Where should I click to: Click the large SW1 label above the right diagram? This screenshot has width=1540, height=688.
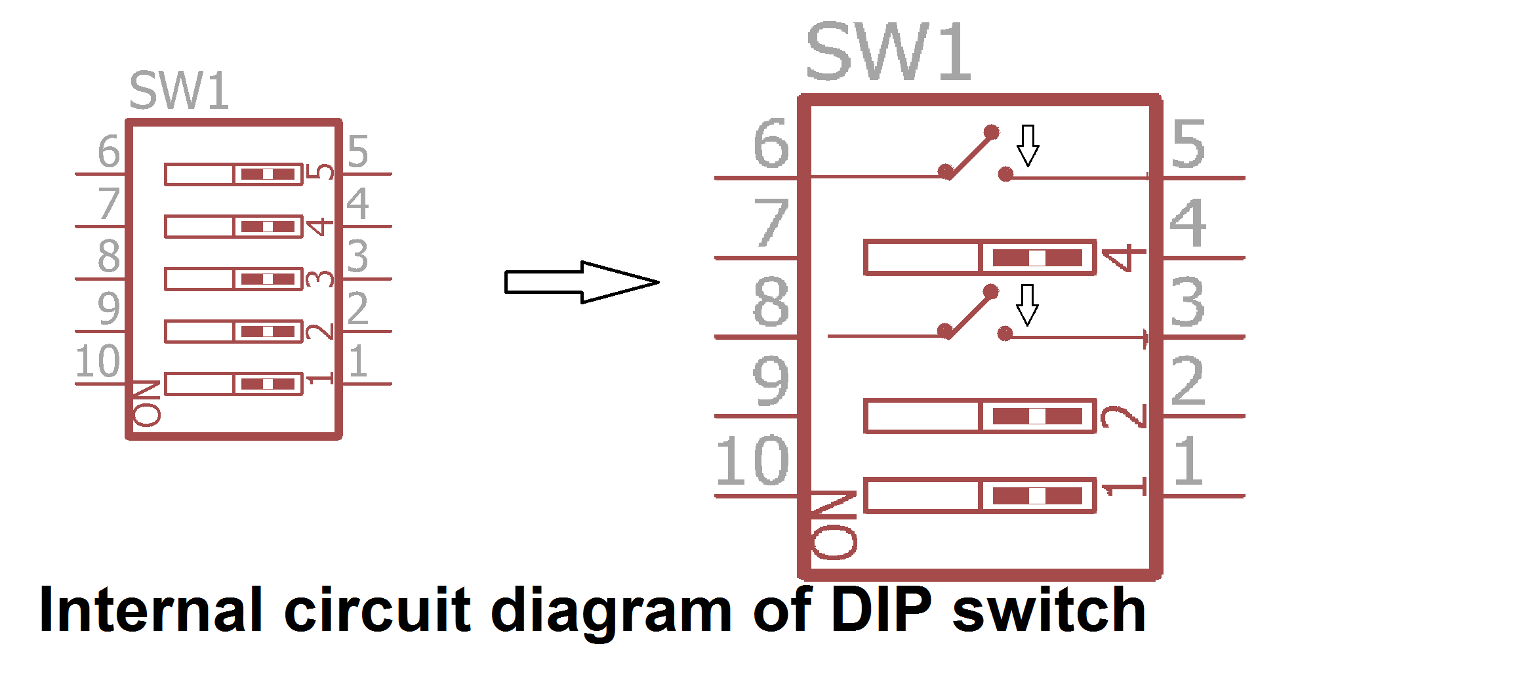point(888,51)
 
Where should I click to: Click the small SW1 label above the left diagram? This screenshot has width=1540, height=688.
point(179,91)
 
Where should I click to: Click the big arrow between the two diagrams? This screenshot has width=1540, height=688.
point(582,282)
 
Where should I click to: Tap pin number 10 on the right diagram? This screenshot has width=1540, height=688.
point(752,461)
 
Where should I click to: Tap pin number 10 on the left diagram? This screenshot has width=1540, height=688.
point(98,361)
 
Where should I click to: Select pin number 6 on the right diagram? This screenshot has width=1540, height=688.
point(771,143)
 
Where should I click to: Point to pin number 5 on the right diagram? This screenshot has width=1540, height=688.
point(1188,143)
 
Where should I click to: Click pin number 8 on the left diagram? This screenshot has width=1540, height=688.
point(109,256)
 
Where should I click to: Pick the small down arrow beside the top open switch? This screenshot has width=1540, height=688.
point(1028,145)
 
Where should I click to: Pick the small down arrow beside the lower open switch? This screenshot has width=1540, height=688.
point(1027,304)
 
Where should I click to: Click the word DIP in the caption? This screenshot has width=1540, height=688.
point(881,610)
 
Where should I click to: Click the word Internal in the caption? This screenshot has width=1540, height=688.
point(152,610)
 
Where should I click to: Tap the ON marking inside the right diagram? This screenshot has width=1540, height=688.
point(834,525)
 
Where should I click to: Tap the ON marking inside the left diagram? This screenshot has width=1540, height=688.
point(147,403)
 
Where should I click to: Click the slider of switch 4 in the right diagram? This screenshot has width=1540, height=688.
point(1037,258)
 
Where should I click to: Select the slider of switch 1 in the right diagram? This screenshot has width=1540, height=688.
point(1037,495)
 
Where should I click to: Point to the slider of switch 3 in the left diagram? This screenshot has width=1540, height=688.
point(268,279)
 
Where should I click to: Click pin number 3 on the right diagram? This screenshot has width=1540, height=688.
point(1188,302)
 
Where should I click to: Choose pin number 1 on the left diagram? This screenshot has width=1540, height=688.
point(357,361)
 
